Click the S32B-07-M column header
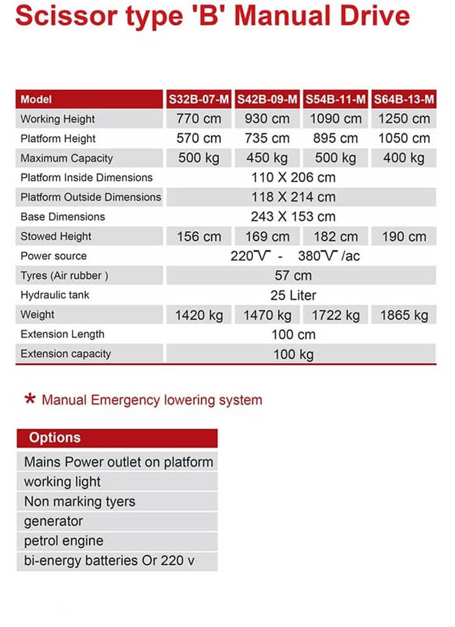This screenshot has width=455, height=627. pyautogui.click(x=199, y=100)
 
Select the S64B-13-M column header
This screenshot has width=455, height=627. pyautogui.click(x=404, y=100)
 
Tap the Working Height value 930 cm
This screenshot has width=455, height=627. pyautogui.click(x=267, y=119)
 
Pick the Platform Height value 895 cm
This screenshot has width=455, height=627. pyautogui.click(x=335, y=139)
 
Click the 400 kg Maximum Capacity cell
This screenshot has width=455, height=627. pyautogui.click(x=404, y=158)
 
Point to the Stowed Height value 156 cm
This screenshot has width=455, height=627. pyautogui.click(x=199, y=237)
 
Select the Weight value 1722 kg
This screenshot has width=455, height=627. pyautogui.click(x=335, y=315)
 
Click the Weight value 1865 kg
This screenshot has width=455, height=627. pyautogui.click(x=404, y=315)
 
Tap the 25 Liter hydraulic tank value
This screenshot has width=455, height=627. pyautogui.click(x=293, y=295)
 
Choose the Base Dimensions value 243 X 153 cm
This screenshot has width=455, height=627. pyautogui.click(x=293, y=217)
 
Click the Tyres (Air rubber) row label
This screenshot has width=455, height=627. pyautogui.click(x=64, y=276)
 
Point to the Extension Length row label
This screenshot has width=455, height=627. pyautogui.click(x=62, y=334)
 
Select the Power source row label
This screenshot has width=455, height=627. pyautogui.click(x=53, y=256)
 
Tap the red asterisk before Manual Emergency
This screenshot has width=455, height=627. pyautogui.click(x=29, y=399)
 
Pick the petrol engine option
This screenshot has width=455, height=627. pyautogui.click(x=64, y=540)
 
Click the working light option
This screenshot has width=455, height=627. pyautogui.click(x=62, y=482)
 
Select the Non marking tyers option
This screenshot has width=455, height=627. pyautogui.click(x=79, y=501)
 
